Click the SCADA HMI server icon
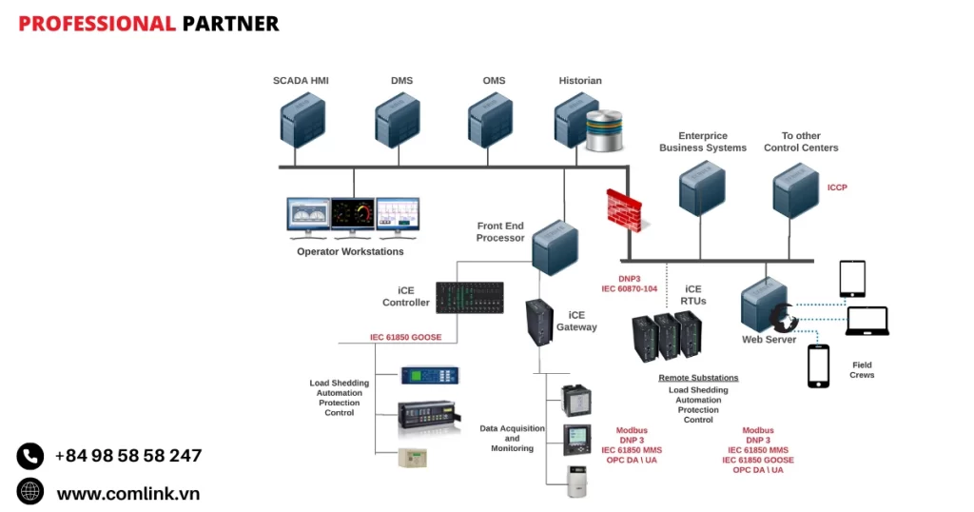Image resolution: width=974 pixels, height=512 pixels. click(x=303, y=121)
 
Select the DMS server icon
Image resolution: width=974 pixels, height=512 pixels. click(x=398, y=121)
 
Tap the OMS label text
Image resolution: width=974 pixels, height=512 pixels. click(x=494, y=81)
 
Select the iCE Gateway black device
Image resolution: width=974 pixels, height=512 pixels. click(x=539, y=322)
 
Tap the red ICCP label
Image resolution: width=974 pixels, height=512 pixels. click(x=837, y=187)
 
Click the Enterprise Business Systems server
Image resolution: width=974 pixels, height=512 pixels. click(x=703, y=188)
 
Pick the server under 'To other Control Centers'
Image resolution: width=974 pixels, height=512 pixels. click(x=796, y=188)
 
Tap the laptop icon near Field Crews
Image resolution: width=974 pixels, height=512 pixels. click(x=867, y=321)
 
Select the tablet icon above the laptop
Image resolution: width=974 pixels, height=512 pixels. click(x=852, y=279)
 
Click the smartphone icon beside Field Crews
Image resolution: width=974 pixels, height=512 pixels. click(x=818, y=365)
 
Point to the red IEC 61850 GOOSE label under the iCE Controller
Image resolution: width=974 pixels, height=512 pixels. click(x=405, y=337)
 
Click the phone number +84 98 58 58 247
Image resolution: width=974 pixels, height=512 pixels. click(x=127, y=456)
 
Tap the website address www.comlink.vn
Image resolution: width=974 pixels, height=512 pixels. click(x=127, y=493)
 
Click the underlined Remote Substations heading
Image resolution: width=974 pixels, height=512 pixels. click(x=698, y=378)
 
